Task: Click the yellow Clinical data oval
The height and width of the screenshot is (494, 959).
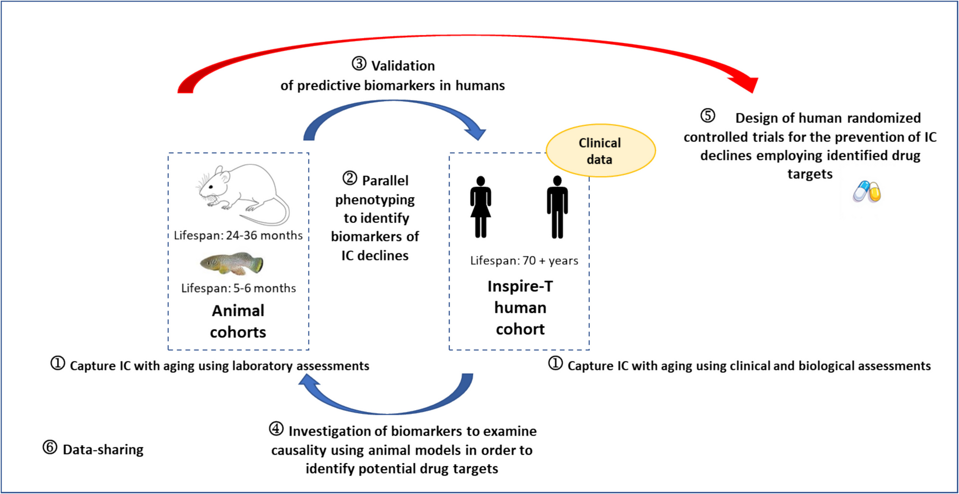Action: pos(600,150)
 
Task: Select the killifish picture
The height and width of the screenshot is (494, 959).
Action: pos(232,263)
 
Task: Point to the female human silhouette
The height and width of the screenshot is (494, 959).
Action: pos(481,207)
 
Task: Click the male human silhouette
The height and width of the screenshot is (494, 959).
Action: pos(557,207)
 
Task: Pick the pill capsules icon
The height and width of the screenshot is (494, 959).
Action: pos(867,192)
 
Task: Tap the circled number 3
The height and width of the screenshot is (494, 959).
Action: pos(359,64)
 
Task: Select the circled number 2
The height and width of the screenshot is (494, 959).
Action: pos(350,179)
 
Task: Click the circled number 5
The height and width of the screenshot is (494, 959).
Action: pos(707,116)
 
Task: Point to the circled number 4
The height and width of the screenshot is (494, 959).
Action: pos(276,429)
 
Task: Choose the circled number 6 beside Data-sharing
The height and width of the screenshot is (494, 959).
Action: pos(50,448)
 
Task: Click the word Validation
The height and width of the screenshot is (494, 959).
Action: pos(403,66)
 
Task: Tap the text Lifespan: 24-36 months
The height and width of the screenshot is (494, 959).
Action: pos(238,235)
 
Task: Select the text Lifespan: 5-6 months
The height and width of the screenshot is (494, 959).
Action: pos(238,288)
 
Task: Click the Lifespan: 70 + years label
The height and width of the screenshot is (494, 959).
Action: pos(524,260)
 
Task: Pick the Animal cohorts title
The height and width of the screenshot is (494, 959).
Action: pos(238,321)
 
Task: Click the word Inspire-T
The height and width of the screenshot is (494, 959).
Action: pos(520,286)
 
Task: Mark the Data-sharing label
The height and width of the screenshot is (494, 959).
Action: pos(103,449)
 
